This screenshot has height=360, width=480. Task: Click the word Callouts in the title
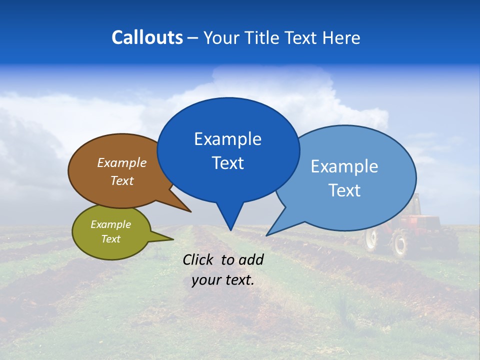[x=147, y=37]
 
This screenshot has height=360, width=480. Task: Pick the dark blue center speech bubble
[x=228, y=150]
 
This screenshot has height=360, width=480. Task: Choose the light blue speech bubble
[x=350, y=177]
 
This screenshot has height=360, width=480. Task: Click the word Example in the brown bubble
[x=121, y=163]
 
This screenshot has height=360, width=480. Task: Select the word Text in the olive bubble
[x=110, y=239]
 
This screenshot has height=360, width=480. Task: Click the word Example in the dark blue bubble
[x=227, y=139]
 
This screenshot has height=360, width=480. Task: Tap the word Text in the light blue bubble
[x=344, y=190]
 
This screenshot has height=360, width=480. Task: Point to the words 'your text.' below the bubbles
[x=222, y=280]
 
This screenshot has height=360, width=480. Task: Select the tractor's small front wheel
[x=370, y=239]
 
